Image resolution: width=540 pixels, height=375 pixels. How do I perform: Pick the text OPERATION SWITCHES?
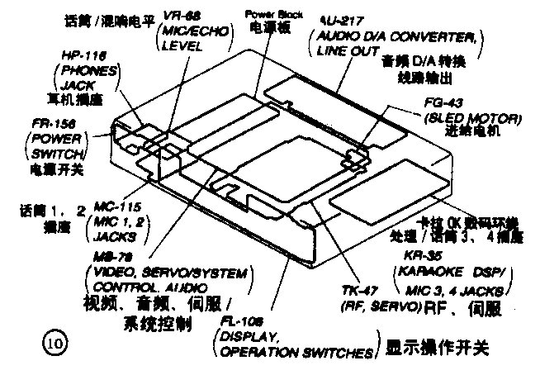(x=293, y=353)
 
